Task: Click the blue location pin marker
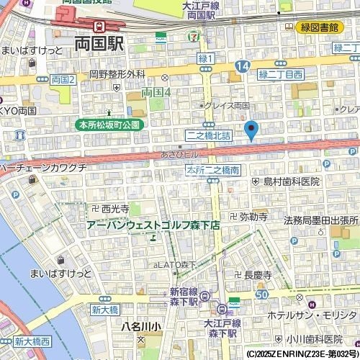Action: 251,130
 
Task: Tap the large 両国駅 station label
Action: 99,43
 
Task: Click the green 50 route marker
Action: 261,294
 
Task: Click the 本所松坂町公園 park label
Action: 110,125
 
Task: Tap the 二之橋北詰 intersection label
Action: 208,135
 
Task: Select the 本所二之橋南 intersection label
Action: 213,171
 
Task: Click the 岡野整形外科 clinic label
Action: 117,73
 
